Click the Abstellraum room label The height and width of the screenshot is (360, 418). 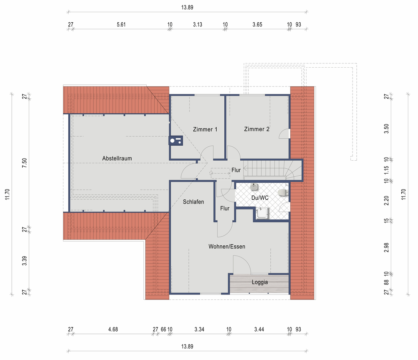117,158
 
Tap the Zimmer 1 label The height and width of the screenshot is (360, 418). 205,129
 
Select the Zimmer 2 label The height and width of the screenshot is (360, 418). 257,129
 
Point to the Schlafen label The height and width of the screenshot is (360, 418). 193,202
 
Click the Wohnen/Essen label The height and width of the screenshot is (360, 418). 227,246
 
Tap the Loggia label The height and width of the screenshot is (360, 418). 260,282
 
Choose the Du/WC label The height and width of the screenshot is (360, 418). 260,198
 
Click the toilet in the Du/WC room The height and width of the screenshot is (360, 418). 283,192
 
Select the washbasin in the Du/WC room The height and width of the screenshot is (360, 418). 254,187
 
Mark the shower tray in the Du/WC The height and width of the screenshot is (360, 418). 262,213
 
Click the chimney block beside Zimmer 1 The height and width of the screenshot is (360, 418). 176,140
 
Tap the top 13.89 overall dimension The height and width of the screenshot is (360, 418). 187,7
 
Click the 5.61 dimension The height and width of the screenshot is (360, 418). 121,24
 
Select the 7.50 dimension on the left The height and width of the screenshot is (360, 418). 24,163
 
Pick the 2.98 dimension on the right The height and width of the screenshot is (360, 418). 386,247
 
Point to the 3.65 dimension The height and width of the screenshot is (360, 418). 257,24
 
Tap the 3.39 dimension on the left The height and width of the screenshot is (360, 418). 24,261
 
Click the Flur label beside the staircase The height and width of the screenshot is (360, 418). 236,170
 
